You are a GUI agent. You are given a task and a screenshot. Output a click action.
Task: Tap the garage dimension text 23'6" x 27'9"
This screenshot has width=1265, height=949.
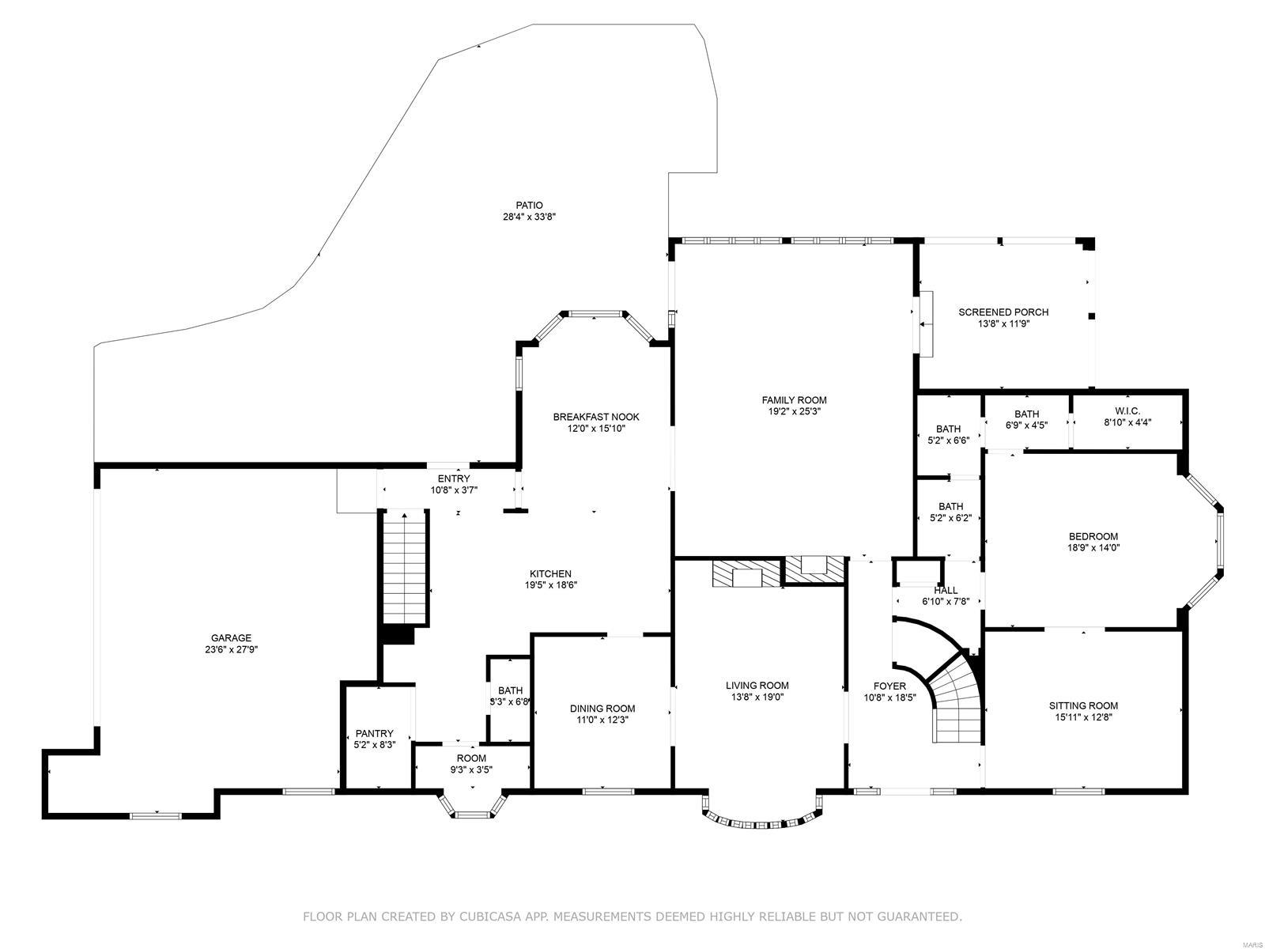click(231, 649)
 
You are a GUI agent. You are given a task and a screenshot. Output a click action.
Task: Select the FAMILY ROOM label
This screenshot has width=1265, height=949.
click(794, 400)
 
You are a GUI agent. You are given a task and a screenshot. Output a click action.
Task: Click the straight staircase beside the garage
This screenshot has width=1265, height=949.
click(406, 568)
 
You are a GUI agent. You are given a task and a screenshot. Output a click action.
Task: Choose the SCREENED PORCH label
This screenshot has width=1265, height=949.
click(1003, 312)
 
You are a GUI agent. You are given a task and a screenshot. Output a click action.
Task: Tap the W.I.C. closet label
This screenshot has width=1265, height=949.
click(1127, 411)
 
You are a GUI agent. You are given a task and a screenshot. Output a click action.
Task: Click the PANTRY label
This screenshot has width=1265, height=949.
click(374, 733)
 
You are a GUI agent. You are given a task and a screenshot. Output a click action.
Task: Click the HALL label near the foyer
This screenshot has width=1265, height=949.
click(946, 590)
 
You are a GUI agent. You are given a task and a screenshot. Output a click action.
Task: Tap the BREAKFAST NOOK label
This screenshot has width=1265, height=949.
click(595, 417)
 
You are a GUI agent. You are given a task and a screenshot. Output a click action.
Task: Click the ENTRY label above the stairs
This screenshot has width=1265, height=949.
click(454, 478)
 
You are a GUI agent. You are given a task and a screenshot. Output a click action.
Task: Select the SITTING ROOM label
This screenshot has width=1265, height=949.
click(1083, 705)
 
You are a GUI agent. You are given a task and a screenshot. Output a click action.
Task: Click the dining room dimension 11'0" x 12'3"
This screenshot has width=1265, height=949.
click(602, 720)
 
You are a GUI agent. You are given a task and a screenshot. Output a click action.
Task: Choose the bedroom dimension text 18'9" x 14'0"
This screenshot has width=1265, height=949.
click(1093, 547)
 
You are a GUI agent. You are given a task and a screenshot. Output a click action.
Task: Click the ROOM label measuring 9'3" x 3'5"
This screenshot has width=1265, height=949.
click(471, 758)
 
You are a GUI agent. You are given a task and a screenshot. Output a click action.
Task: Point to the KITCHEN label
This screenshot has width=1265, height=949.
click(550, 574)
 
